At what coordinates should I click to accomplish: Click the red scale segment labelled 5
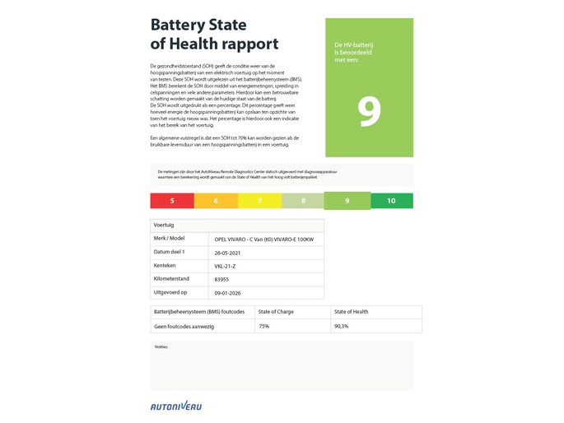coord(171,201)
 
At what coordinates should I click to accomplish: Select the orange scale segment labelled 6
coord(215,201)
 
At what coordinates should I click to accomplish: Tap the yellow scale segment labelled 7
coord(259,201)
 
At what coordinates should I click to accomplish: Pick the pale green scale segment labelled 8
coord(303,201)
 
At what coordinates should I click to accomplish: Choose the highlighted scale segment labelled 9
coord(347,201)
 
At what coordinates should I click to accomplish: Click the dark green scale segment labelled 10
coord(391,201)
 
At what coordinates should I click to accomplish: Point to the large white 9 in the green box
coord(369,113)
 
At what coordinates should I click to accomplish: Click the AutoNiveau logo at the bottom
coord(175,406)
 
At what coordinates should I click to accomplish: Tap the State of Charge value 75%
coord(264,327)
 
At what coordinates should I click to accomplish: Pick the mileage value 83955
coord(221,280)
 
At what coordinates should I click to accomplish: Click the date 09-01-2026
coord(228,293)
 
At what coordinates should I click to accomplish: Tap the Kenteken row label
coord(165,266)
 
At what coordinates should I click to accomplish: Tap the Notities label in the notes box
coord(161,346)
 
